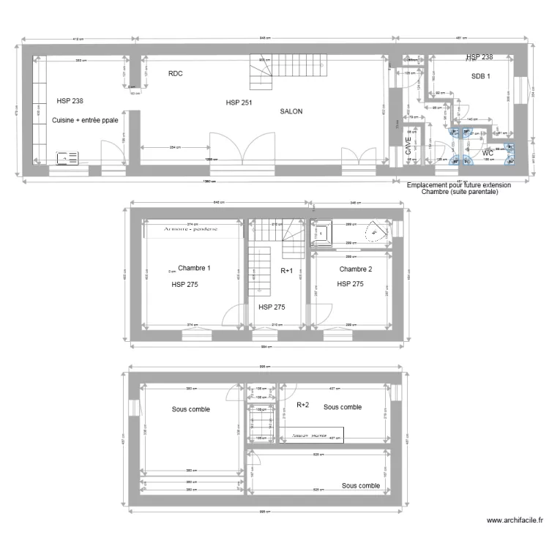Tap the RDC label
click(175, 74)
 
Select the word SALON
click(291, 112)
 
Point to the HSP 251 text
click(239, 102)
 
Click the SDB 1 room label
click(481, 75)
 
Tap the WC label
click(488, 153)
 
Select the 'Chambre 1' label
click(194, 268)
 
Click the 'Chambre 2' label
click(356, 269)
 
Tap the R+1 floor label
click(287, 271)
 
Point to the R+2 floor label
click(303, 404)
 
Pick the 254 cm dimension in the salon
click(171, 146)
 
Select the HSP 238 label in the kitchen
click(70, 102)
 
